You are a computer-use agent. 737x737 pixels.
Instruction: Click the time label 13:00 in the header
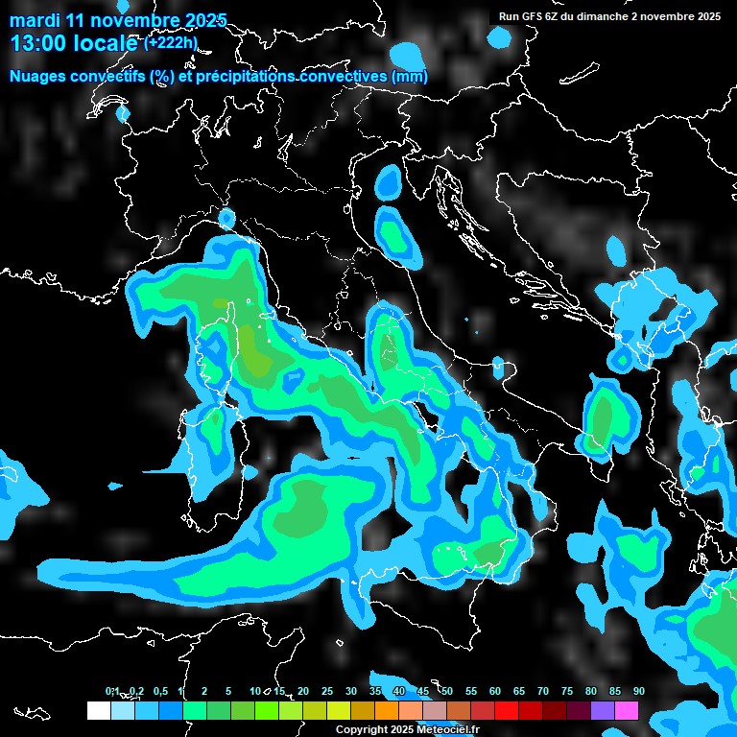[40, 43]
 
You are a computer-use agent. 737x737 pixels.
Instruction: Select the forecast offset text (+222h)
[170, 42]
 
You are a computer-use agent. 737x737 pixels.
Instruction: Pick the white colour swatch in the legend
[98, 711]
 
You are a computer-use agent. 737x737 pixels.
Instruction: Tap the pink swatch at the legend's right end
[627, 711]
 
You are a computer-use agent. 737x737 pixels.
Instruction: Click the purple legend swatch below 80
[603, 711]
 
